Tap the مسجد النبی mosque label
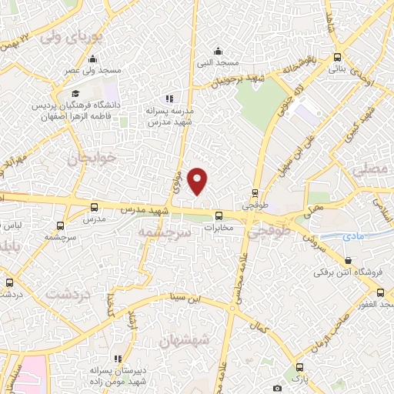click(217, 62)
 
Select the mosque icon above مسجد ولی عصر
click(93, 59)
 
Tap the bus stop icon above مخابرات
click(219, 215)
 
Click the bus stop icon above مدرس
click(95, 207)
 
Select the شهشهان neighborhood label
click(182, 339)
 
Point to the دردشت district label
click(65, 293)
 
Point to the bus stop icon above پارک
click(299, 367)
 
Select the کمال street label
click(262, 328)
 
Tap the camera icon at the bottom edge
click(278, 389)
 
